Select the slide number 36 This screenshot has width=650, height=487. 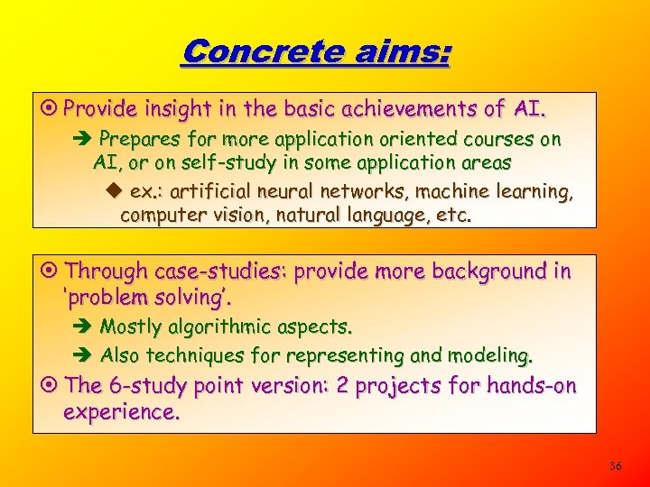[x=616, y=466]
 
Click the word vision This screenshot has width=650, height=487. [x=218, y=216]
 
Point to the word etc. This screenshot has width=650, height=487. [x=453, y=216]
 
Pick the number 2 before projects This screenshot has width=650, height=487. [x=341, y=385]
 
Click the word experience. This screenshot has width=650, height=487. [x=121, y=412]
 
